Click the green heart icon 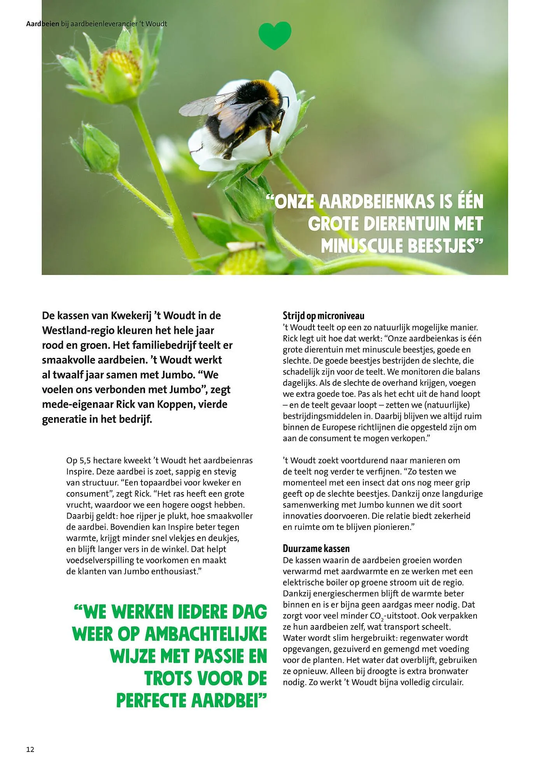click(x=275, y=35)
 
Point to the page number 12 click(x=30, y=749)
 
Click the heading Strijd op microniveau click(x=323, y=315)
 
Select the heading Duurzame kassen click(x=316, y=548)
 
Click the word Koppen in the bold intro click(x=176, y=404)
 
